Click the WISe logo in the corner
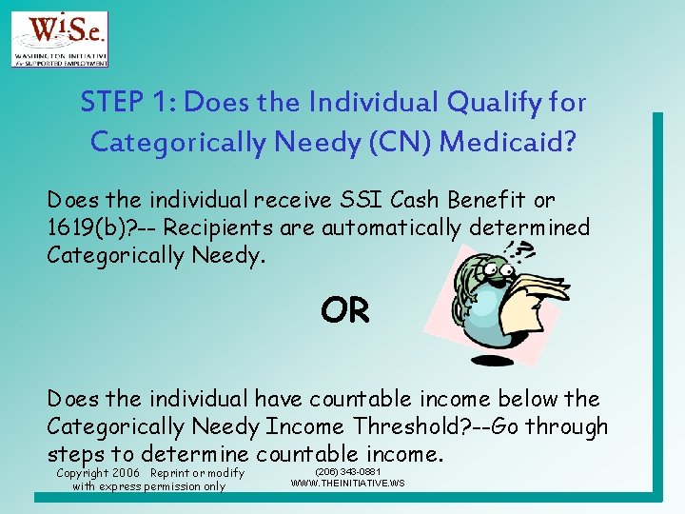pyautogui.click(x=59, y=39)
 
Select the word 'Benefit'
pyautogui.click(x=495, y=201)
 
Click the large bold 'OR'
pyautogui.click(x=344, y=309)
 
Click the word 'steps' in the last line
pyautogui.click(x=77, y=453)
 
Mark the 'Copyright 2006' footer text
pyautogui.click(x=96, y=473)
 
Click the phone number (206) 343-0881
pyautogui.click(x=347, y=472)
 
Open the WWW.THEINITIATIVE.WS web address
pyautogui.click(x=347, y=484)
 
